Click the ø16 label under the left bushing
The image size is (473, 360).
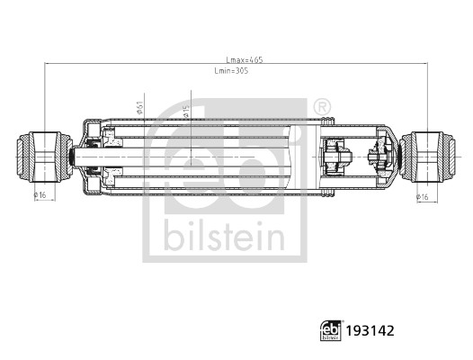coord(40,194)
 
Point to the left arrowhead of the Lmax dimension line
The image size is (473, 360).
coord(46,64)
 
